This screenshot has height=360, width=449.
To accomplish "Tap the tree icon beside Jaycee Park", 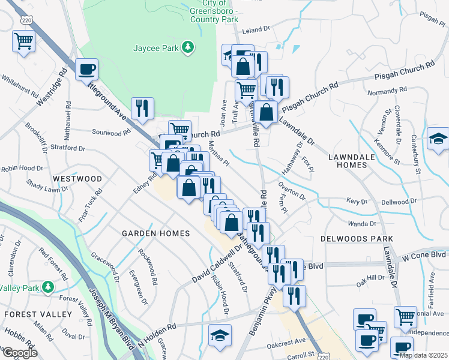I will click(x=188, y=46).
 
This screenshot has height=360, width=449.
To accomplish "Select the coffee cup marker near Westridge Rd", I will click(x=87, y=70).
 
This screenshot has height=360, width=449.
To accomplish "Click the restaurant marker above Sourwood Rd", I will click(x=142, y=108).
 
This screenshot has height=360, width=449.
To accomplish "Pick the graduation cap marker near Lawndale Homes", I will click(x=438, y=139).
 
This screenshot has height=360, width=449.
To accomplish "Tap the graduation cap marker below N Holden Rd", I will click(x=220, y=337).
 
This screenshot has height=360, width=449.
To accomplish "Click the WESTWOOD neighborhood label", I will click(x=77, y=179).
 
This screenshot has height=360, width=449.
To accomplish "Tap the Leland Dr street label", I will click(x=257, y=30).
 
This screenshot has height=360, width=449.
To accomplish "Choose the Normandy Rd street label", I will click(x=387, y=92).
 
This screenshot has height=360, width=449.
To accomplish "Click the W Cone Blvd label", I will click(x=424, y=256).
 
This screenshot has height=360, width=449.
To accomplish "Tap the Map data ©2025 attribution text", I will click(x=423, y=355).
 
